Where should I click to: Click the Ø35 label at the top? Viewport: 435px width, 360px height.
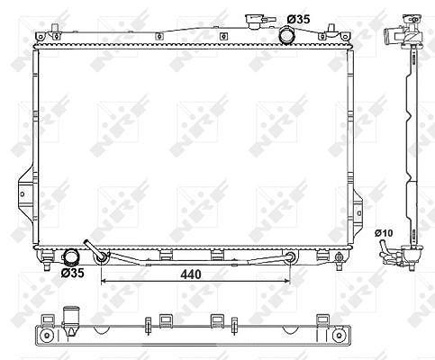click(x=298, y=19)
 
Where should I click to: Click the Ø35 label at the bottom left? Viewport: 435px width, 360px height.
click(x=72, y=273)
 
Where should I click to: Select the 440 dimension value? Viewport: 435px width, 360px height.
click(x=191, y=274)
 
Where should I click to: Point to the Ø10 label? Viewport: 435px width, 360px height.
click(x=384, y=233)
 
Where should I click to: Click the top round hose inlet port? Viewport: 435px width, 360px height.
click(x=286, y=35)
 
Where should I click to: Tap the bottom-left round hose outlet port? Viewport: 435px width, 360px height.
click(x=69, y=257)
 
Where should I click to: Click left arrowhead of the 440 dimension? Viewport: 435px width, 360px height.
click(x=103, y=281)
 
